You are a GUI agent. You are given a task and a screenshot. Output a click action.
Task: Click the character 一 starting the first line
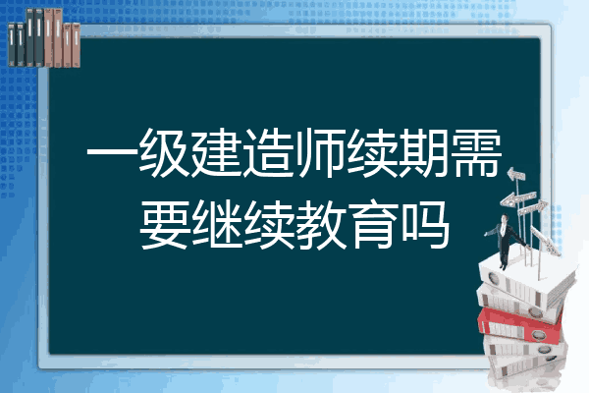[112, 152]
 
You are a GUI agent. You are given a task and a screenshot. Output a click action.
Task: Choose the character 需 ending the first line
[476, 153]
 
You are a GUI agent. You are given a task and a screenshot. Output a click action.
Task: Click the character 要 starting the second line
[164, 224]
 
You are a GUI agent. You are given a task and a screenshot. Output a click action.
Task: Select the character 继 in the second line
[216, 224]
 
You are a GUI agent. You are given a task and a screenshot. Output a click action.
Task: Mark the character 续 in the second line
[268, 224]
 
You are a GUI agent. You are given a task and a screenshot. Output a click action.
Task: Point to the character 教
[320, 224]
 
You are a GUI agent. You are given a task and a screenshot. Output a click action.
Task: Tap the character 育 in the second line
[372, 224]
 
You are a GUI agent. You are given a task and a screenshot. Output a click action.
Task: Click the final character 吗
[424, 224]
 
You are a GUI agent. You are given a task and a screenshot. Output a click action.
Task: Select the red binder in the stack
[520, 324]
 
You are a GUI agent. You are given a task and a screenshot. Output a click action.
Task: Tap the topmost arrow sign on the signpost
[516, 174]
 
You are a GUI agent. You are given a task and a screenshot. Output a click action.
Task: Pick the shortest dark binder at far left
[11, 44]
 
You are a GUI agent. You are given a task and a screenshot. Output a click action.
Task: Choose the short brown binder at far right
[77, 45]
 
